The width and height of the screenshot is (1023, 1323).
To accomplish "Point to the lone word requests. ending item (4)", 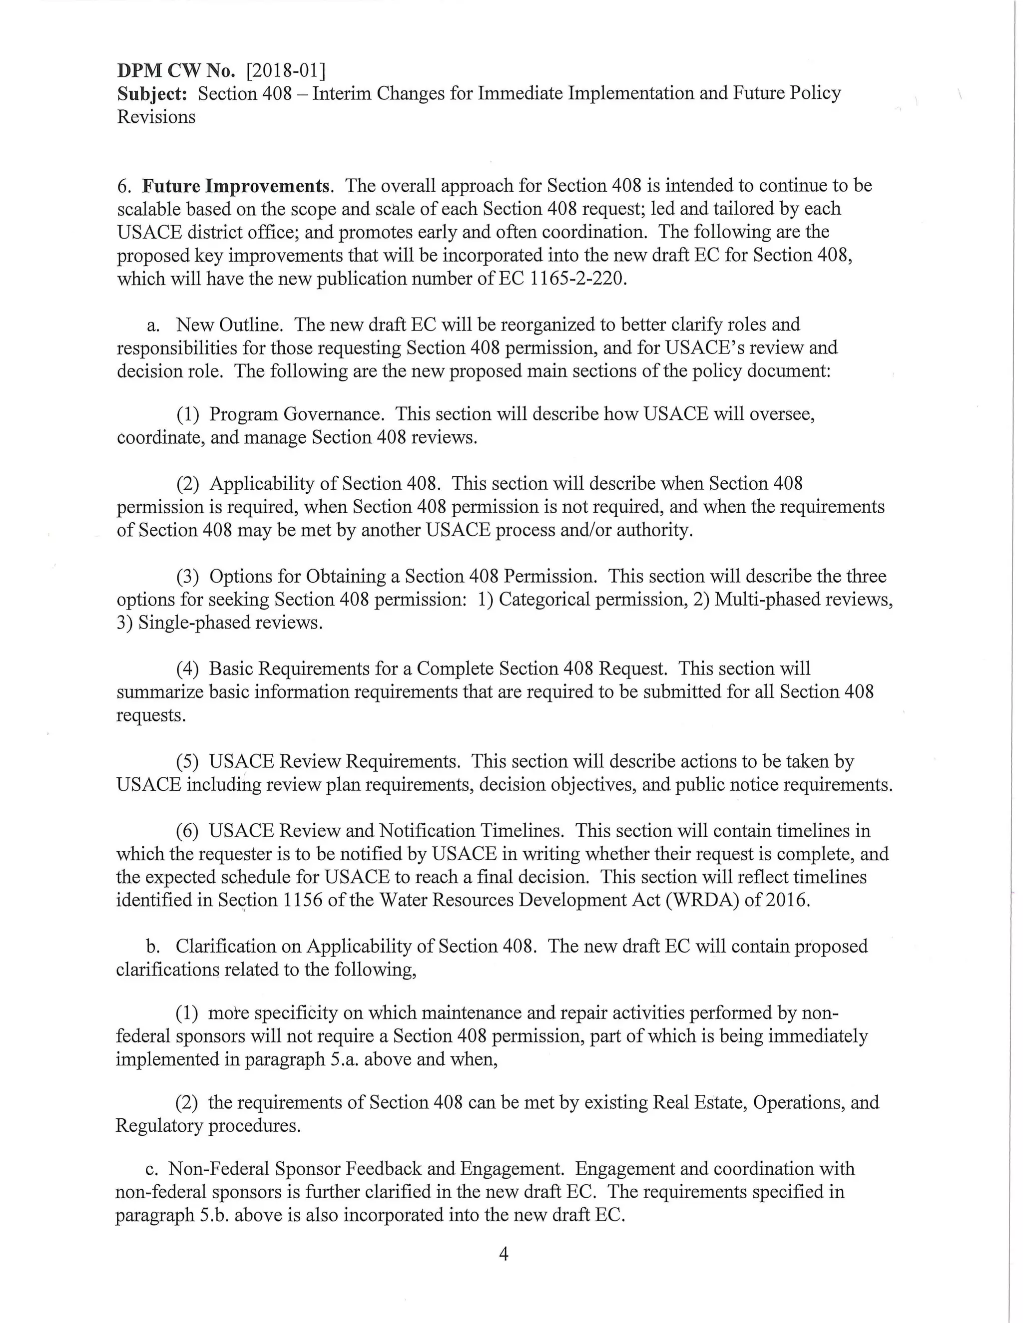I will tap(151, 715).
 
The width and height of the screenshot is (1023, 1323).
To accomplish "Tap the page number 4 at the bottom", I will tap(503, 1254).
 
